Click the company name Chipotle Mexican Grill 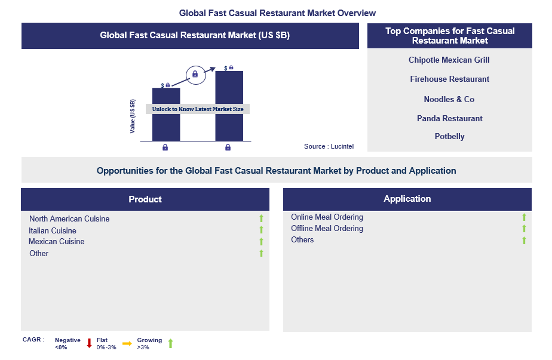pyautogui.click(x=449, y=60)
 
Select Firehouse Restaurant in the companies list pyautogui.click(x=449, y=79)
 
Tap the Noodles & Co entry pyautogui.click(x=449, y=99)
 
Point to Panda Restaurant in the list pyautogui.click(x=449, y=118)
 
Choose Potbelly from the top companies pyautogui.click(x=449, y=136)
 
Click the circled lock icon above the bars pyautogui.click(x=195, y=75)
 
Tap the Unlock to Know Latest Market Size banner pyautogui.click(x=198, y=109)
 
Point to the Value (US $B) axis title pyautogui.click(x=133, y=116)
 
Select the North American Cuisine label pyautogui.click(x=69, y=219)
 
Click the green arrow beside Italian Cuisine pyautogui.click(x=261, y=230)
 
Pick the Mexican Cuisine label pyautogui.click(x=57, y=241)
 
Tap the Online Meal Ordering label pyautogui.click(x=327, y=217)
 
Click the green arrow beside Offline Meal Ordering pyautogui.click(x=524, y=229)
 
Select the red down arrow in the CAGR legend pyautogui.click(x=90, y=343)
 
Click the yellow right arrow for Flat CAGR pyautogui.click(x=127, y=343)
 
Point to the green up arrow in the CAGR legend pyautogui.click(x=170, y=343)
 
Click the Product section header pyautogui.click(x=145, y=199)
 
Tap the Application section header pyautogui.click(x=407, y=199)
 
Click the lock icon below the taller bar pyautogui.click(x=228, y=147)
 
